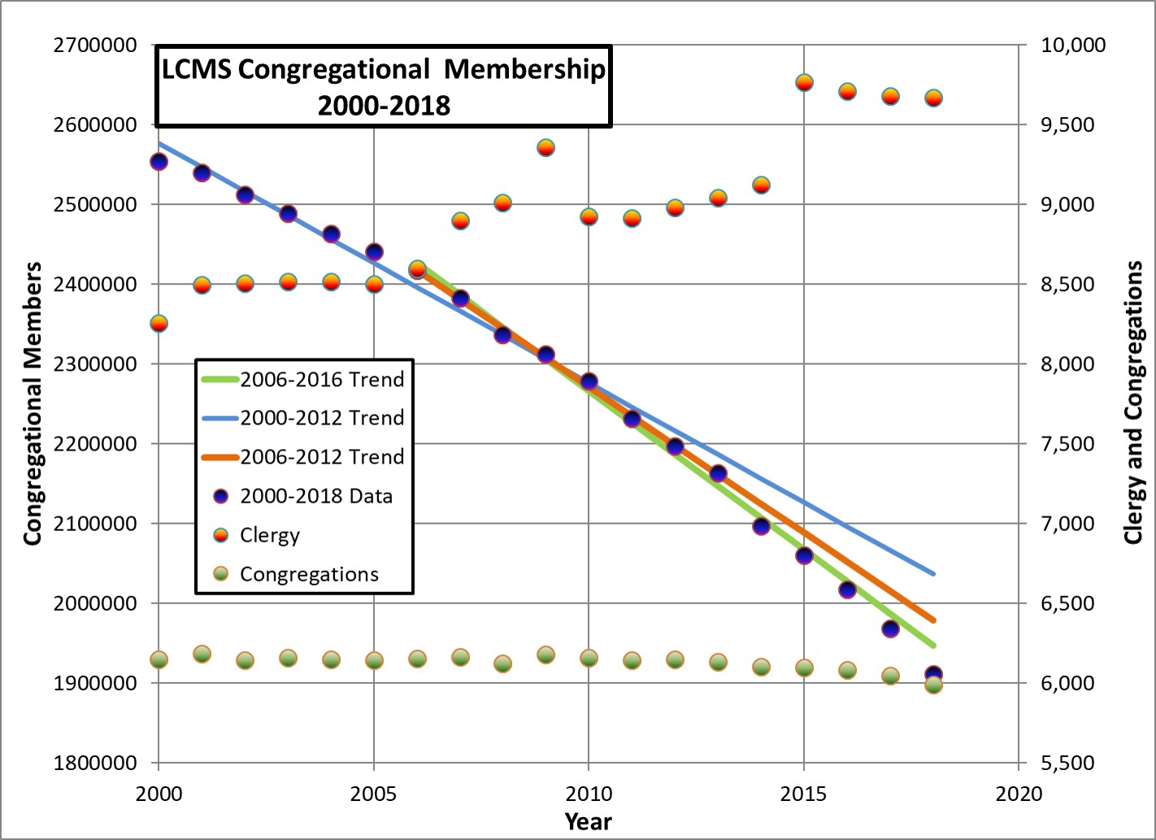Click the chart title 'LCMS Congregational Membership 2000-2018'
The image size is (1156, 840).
tap(383, 86)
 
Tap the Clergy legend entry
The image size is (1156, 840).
tap(269, 535)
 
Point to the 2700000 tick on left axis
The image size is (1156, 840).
tap(94, 46)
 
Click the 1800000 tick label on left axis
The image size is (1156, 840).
tap(94, 763)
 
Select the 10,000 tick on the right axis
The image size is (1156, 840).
tap(1073, 46)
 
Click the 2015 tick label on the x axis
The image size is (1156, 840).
tap(803, 794)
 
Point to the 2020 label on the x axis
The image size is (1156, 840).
tap(1018, 794)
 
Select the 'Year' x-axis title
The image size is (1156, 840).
tap(588, 821)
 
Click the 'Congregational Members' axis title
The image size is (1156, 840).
tap(33, 403)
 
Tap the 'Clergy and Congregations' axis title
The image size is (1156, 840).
tap(1133, 403)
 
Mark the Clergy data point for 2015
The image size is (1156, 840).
tap(804, 82)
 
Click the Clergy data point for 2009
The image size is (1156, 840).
tap(545, 147)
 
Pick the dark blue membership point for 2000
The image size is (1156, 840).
tap(159, 162)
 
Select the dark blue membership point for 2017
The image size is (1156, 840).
tap(890, 629)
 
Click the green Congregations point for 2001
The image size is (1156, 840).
tap(202, 654)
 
